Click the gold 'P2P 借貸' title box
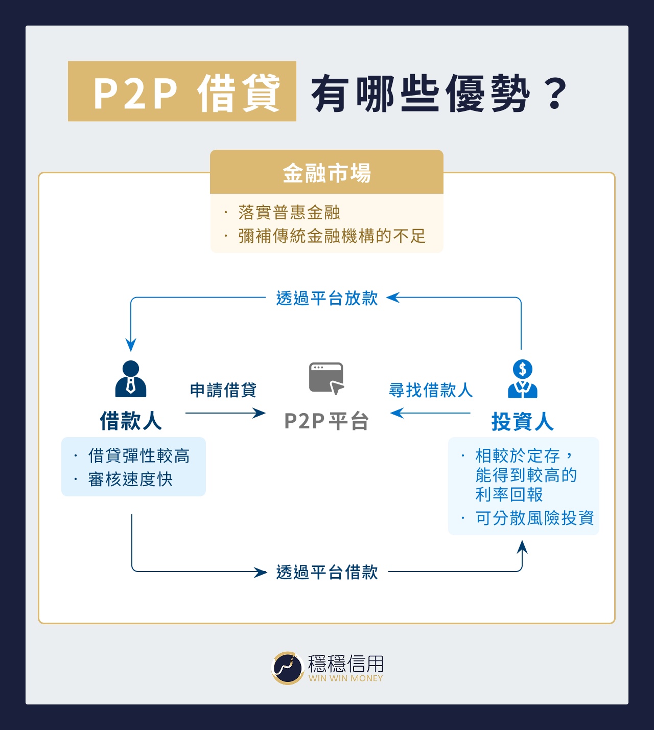[x=182, y=92]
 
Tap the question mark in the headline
[x=556, y=93]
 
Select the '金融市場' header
[x=326, y=172]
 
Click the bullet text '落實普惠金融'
[x=289, y=212]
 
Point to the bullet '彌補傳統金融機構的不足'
[x=332, y=236]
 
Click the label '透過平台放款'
[x=326, y=298]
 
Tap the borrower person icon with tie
[x=131, y=379]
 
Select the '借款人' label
[x=131, y=421]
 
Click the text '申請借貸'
[x=223, y=390]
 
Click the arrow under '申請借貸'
[x=225, y=413]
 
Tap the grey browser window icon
[x=326, y=378]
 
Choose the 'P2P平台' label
[x=326, y=421]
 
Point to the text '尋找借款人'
[x=431, y=390]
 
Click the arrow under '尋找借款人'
[x=430, y=413]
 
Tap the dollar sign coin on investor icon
[x=522, y=369]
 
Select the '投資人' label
[x=522, y=422]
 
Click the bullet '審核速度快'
[x=130, y=480]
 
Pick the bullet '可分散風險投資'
[x=534, y=518]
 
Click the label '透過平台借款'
[x=326, y=572]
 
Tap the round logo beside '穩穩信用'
[x=288, y=668]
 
